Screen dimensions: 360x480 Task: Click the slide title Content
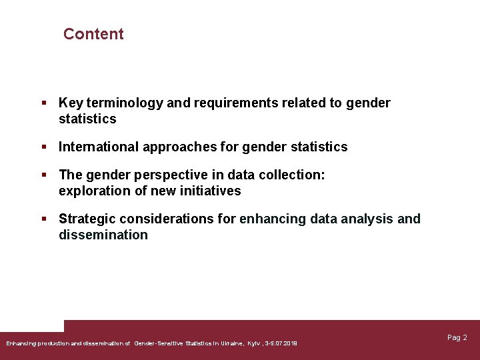click(93, 34)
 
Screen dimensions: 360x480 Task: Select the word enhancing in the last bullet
click(271, 219)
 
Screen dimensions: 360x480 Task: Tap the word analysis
click(366, 219)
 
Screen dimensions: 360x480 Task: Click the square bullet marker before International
click(43, 147)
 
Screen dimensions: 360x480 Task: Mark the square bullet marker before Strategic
click(43, 219)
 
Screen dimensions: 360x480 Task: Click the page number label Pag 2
click(457, 338)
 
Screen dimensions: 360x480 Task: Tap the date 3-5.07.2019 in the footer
click(281, 343)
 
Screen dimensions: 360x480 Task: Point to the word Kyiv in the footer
click(254, 343)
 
